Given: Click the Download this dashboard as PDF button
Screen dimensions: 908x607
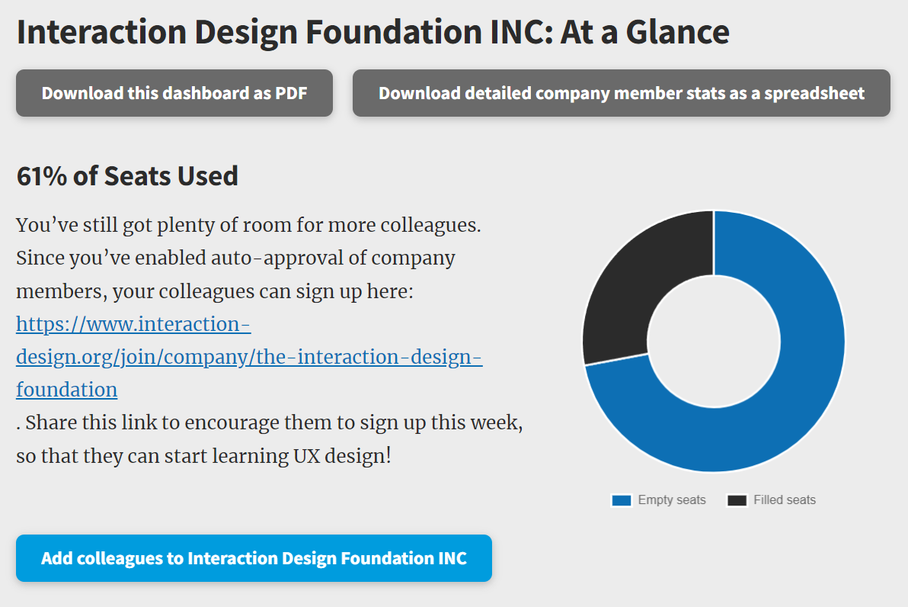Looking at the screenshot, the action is coord(174,93).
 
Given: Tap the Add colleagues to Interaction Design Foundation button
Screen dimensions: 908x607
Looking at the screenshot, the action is coord(254,558).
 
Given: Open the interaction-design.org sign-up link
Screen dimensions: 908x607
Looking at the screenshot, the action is coord(249,357).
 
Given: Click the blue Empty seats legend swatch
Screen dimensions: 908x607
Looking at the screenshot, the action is coord(622,500).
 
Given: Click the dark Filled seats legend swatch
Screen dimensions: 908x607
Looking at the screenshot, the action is coord(737,500).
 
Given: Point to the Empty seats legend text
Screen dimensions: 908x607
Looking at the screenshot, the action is coord(672,499).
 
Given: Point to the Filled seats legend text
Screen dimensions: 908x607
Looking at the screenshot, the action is coord(785,499).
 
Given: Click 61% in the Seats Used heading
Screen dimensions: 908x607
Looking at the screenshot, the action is coord(42,176).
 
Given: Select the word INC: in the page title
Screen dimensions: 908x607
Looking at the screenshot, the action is coord(522,32).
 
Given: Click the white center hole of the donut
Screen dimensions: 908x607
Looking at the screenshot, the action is coord(714,342).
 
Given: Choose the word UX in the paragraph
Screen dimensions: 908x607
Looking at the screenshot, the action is coord(306,456).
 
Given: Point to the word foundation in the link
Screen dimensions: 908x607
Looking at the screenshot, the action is coord(66,390).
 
